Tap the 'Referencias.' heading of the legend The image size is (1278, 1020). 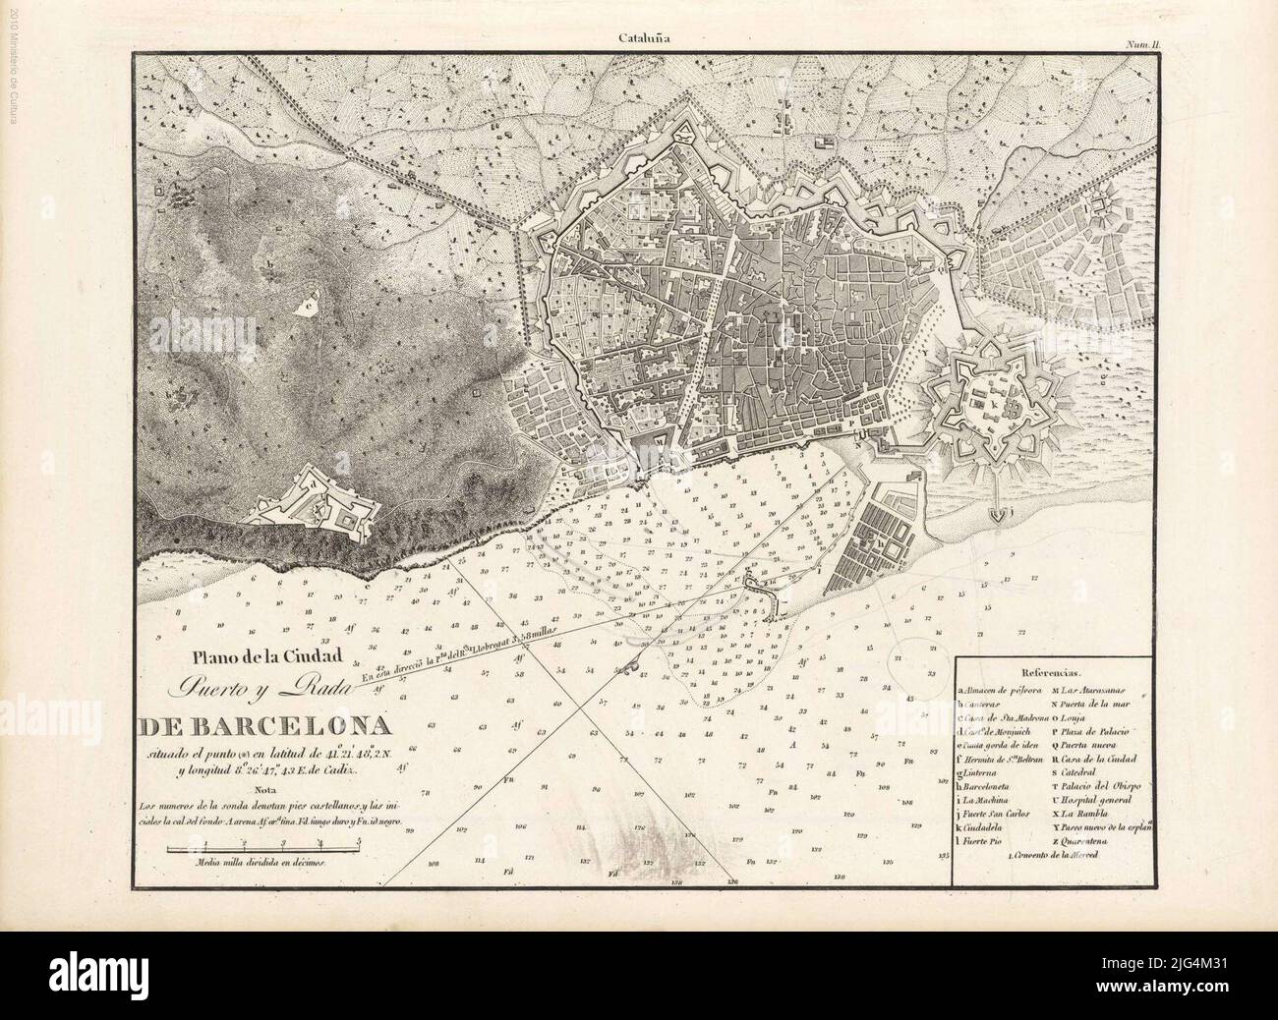click(1051, 675)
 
